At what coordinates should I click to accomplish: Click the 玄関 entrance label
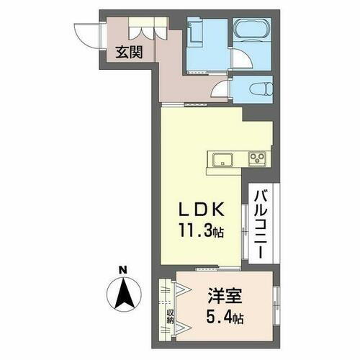tap(130, 52)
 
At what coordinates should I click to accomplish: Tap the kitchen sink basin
tap(221, 158)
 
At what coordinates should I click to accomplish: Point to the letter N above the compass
tap(123, 271)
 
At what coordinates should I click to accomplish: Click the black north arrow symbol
tap(123, 292)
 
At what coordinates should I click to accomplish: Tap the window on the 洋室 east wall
tap(276, 302)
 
